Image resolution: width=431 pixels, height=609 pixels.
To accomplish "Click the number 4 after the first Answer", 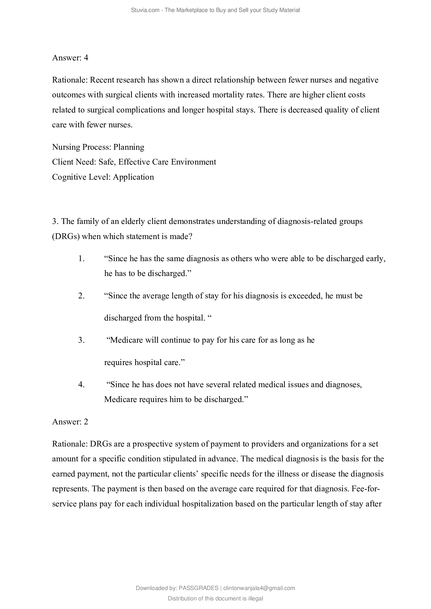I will point(86,58).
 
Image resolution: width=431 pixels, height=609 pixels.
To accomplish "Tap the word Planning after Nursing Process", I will point(129,147).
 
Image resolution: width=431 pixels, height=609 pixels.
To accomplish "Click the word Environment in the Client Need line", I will point(193,162).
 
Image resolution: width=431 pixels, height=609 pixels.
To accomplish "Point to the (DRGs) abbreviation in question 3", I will point(66,236).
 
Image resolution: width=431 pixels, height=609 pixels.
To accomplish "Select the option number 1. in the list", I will point(82,259).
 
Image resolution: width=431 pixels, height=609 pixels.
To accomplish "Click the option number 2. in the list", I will point(82,296).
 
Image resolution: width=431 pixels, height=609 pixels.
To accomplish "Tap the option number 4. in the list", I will point(82,385).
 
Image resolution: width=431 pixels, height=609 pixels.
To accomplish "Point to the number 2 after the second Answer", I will point(86,422).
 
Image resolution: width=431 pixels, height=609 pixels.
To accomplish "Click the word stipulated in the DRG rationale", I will point(179,459).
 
